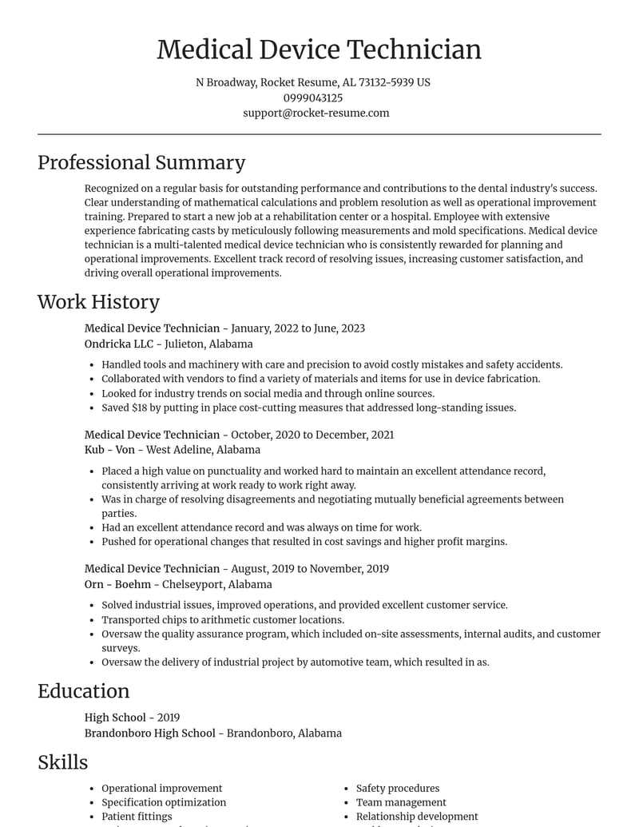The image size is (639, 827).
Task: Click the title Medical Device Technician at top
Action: (x=319, y=50)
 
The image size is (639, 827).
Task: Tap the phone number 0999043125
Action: (x=312, y=97)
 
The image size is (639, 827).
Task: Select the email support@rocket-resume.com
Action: (x=316, y=113)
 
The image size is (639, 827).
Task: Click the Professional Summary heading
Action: (x=141, y=162)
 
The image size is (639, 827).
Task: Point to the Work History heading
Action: (x=98, y=301)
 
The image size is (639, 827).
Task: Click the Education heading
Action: (x=83, y=691)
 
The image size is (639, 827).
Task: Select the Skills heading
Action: (x=62, y=762)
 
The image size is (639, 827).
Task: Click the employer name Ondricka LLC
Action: (x=118, y=344)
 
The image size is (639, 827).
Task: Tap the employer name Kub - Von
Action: (x=110, y=450)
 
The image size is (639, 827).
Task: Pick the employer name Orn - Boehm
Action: (x=117, y=584)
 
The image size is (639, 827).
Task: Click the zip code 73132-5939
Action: (x=386, y=82)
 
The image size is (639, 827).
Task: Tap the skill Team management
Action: (x=401, y=802)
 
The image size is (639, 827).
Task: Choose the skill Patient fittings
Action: (x=137, y=817)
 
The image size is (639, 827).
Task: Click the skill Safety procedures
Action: (x=398, y=788)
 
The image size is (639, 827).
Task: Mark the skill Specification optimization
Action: (x=164, y=802)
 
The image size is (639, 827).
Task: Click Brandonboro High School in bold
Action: (x=150, y=733)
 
